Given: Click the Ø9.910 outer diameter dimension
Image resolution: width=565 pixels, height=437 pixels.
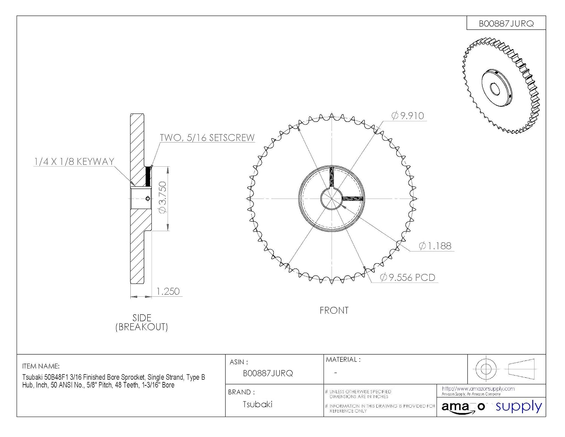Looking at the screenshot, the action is pos(408,116).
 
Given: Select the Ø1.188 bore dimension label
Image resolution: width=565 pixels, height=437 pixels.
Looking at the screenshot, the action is pos(435,246).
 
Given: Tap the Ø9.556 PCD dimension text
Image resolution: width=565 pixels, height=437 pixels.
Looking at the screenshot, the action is pos(408,278).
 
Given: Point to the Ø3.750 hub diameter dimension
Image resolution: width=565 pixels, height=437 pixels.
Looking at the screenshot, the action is pos(162,198).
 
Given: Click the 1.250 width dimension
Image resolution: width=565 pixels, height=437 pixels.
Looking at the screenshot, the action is pos(168,291).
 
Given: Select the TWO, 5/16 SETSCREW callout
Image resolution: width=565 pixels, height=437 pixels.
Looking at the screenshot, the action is pos(207,138).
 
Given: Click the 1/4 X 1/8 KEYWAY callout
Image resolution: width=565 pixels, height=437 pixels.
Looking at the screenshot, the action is pos(74,162).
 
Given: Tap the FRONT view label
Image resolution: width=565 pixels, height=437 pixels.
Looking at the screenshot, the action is pos(334,311).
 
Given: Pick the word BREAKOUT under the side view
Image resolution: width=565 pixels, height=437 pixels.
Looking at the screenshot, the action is pos(142,327).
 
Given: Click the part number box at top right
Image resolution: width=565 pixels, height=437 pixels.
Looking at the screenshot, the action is pos(506,23).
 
